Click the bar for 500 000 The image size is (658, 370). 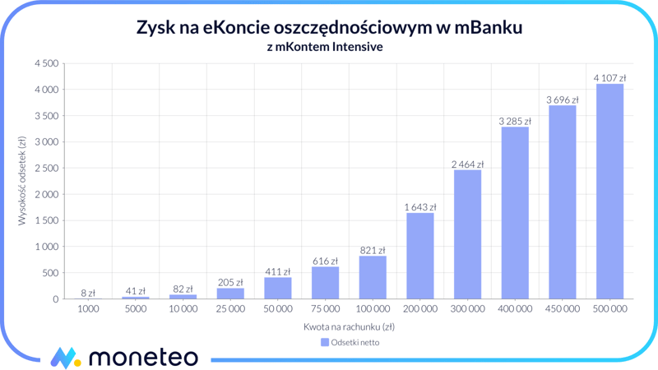(609, 192)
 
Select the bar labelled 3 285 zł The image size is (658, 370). (515, 213)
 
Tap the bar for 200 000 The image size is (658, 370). (420, 256)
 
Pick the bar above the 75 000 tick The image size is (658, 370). (326, 283)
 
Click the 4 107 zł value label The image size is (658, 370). (609, 78)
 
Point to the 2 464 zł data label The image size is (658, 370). (467, 164)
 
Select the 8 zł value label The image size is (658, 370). (88, 293)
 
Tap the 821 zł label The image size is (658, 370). (373, 250)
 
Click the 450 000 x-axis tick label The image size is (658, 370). (562, 309)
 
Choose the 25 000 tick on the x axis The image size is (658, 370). (230, 309)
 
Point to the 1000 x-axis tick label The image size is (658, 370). (88, 309)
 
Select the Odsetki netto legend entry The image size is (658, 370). (350, 342)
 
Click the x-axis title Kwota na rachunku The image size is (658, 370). (349, 326)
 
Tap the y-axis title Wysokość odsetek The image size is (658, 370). (22, 181)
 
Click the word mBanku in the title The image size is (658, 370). (484, 28)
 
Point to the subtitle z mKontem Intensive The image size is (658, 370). (325, 47)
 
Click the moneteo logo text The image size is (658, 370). (142, 357)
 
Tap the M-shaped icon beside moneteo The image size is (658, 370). (65, 358)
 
